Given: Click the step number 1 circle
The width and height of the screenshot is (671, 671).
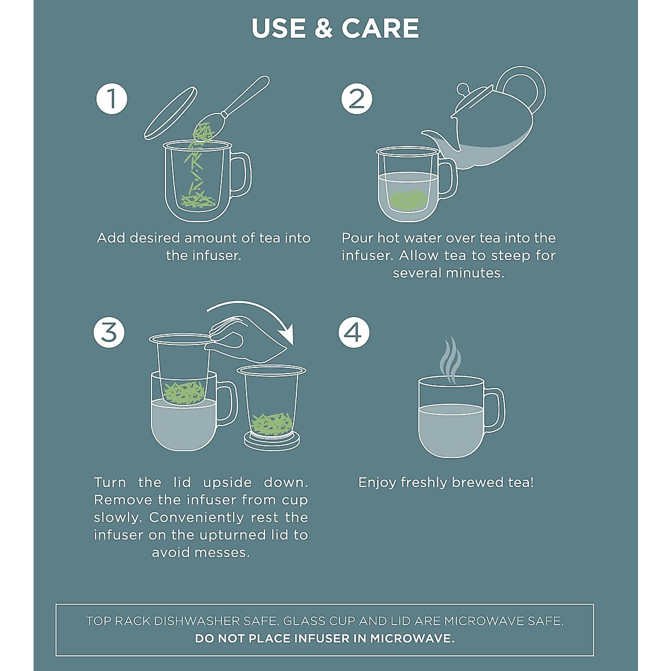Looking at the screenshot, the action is [111, 98].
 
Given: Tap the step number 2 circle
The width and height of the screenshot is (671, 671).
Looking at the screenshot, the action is [357, 98].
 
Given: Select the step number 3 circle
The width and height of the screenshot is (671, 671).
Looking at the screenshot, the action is [109, 332].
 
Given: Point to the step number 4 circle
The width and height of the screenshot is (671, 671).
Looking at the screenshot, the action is [354, 332].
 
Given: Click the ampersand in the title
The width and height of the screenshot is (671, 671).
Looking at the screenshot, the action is [324, 28].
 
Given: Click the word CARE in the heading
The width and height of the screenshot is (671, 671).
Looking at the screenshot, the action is [380, 28].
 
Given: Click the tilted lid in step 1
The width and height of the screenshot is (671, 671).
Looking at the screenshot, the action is [171, 114].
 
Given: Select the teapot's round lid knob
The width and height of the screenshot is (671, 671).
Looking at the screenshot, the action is [463, 88].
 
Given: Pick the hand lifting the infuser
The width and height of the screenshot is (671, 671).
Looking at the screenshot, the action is [244, 339].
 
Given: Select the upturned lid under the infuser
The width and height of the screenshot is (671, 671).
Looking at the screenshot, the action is [272, 440].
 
